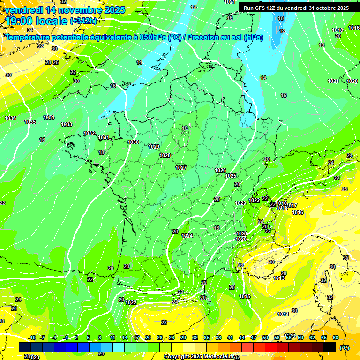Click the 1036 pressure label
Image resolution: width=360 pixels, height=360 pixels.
click(x=10, y=118)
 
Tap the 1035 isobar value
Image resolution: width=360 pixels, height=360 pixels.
click(x=30, y=122)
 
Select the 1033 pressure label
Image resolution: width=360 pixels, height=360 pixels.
click(x=67, y=124)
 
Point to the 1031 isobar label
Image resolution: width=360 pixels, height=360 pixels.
click(x=104, y=137)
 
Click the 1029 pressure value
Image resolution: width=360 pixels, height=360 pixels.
click(x=154, y=147)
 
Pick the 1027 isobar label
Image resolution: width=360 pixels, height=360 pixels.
click(x=181, y=168)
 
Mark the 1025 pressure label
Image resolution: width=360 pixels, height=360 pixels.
click(x=231, y=176)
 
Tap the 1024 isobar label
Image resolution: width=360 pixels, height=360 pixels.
click(x=187, y=236)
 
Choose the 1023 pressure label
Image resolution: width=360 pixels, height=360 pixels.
click(x=240, y=203)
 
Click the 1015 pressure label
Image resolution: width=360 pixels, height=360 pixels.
click(x=244, y=296)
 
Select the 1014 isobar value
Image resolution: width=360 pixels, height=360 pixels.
click(x=283, y=314)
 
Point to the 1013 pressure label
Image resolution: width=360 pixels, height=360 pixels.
click(x=279, y=278)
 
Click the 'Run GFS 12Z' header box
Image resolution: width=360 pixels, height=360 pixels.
click(x=296, y=8)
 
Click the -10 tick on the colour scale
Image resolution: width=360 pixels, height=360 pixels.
click(x=32, y=337)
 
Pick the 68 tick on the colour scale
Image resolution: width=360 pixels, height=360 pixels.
click(x=336, y=337)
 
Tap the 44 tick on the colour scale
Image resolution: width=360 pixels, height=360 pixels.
click(x=242, y=337)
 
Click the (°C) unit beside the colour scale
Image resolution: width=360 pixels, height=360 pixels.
click(x=345, y=348)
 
